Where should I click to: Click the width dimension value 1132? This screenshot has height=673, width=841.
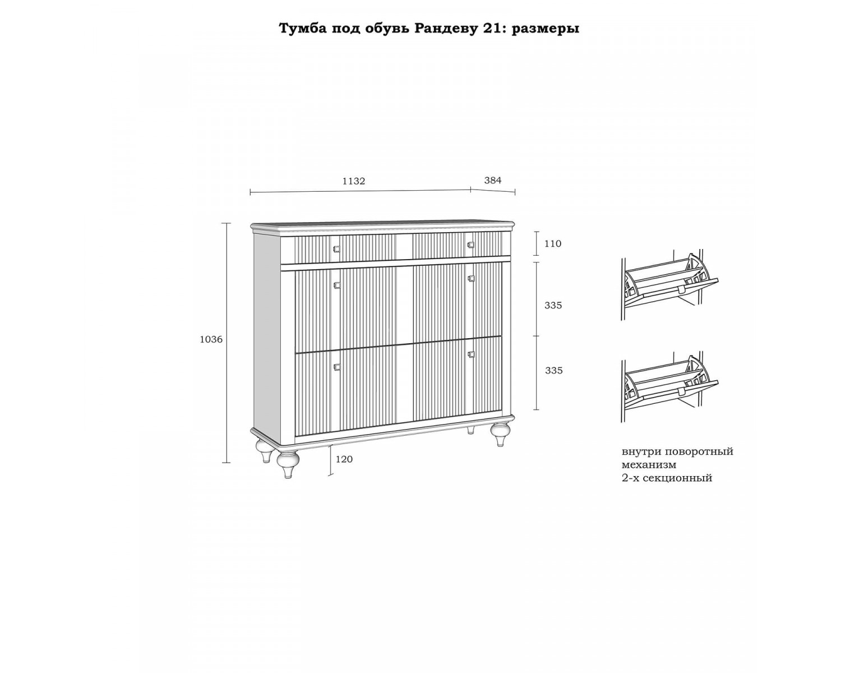pos(354,181)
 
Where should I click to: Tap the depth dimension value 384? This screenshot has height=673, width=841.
pos(492,180)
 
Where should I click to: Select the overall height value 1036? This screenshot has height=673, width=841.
pos(211,339)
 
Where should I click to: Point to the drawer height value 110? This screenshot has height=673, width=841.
pos(553,243)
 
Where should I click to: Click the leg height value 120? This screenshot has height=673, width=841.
pos(344,459)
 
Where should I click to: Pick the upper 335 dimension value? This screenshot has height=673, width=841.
pos(553,306)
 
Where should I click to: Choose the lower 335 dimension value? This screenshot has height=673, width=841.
pos(554,370)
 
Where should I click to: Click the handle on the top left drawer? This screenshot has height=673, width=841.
pos(336,248)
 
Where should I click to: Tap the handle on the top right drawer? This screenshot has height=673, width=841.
pos(471,245)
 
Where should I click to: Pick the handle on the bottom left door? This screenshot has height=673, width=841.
pos(337,367)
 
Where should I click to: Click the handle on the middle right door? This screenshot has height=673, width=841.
pos(472,278)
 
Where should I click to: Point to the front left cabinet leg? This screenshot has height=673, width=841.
pos(288,464)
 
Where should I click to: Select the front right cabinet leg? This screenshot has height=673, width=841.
pos(500,434)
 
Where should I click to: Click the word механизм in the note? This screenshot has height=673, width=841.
pos(649,465)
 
